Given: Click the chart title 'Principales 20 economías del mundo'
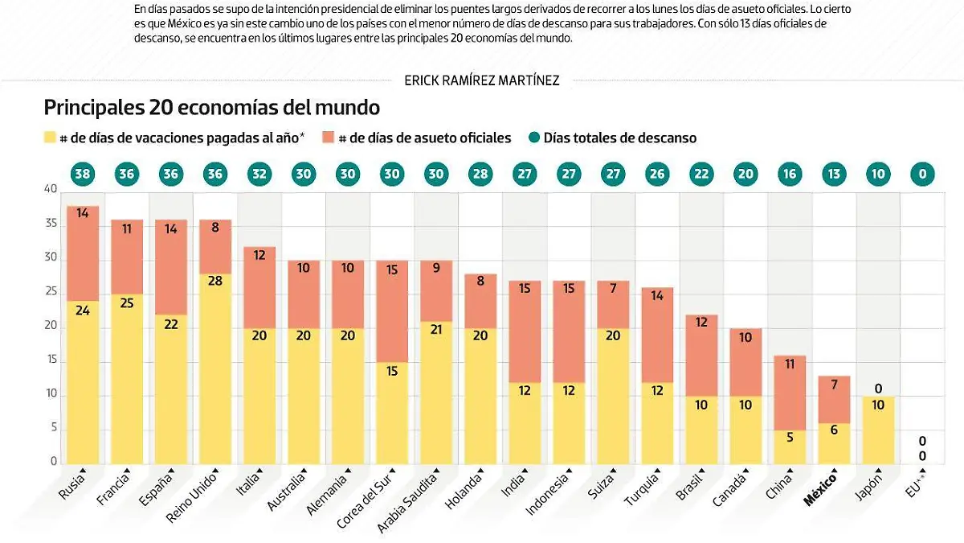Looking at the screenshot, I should click(x=211, y=107).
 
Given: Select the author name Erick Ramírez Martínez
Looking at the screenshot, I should click(x=483, y=80).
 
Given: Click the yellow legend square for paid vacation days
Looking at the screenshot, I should click(x=50, y=138).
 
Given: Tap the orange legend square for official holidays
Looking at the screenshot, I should click(x=328, y=138).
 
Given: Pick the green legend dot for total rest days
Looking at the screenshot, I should click(x=533, y=138).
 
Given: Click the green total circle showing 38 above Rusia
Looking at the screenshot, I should click(x=82, y=174).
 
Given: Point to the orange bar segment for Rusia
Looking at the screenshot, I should click(x=83, y=253).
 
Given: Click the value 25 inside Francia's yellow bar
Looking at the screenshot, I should click(x=127, y=302).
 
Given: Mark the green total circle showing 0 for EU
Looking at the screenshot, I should click(x=922, y=174).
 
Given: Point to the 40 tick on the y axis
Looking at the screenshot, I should click(x=51, y=190).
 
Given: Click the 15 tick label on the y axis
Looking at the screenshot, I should click(x=51, y=360).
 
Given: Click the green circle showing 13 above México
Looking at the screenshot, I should click(x=834, y=174).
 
